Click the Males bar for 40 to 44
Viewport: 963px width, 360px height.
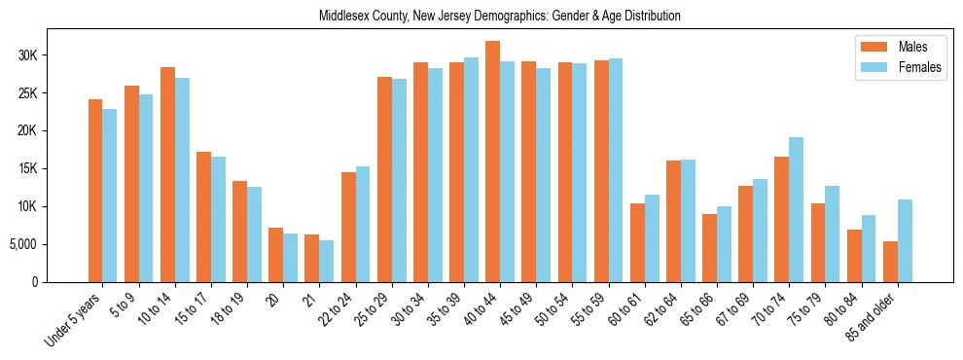click(x=492, y=162)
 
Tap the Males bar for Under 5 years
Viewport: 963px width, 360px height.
click(x=95, y=191)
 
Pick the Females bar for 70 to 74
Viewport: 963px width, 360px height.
click(x=797, y=209)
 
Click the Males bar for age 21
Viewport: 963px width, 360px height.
click(x=311, y=258)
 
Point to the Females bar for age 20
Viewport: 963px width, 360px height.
click(x=290, y=257)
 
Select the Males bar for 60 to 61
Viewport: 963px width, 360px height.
click(x=637, y=242)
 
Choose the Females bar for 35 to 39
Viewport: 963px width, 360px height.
click(x=471, y=169)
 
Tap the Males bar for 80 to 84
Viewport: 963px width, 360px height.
click(x=854, y=255)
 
